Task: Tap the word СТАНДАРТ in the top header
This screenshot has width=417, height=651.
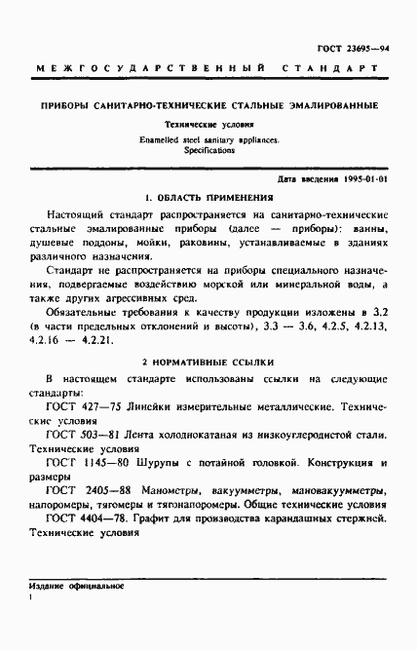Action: [x=335, y=69]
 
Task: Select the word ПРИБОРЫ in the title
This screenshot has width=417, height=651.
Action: [x=65, y=104]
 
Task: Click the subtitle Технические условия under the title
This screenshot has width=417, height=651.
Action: [x=208, y=126]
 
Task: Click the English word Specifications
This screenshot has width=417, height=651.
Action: [x=207, y=151]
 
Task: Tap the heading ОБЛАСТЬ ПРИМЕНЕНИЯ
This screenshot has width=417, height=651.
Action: [x=212, y=196]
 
